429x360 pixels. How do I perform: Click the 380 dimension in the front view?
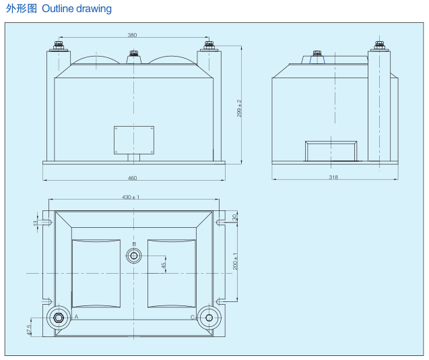tap(133, 34)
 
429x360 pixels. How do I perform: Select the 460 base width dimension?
tap(133, 178)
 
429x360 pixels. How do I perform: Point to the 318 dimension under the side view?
tap(333, 177)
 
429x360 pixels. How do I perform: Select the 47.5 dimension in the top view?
tap(29, 329)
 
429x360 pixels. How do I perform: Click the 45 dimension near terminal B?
tap(164, 266)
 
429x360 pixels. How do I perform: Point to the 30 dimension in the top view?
tap(235, 217)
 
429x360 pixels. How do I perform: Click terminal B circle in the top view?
tap(134, 256)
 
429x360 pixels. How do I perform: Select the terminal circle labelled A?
tap(58, 318)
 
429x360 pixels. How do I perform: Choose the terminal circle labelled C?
tap(209, 318)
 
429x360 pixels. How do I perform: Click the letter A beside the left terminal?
tap(77, 316)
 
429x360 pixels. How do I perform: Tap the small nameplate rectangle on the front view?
tap(133, 140)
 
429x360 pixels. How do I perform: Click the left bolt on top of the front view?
tap(57, 47)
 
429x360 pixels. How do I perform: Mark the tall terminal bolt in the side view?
tap(378, 47)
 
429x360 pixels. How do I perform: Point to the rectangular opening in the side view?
tap(331, 152)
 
